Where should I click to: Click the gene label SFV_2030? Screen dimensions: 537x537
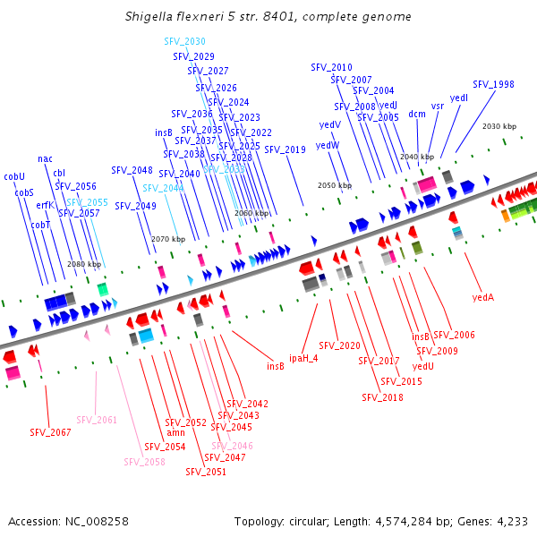[184, 41]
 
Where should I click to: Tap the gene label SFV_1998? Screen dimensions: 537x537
[493, 84]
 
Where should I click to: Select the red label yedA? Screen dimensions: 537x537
[482, 297]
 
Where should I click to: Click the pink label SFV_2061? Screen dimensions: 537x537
[97, 420]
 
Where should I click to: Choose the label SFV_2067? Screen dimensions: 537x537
[50, 432]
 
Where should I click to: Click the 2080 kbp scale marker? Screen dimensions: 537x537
[84, 264]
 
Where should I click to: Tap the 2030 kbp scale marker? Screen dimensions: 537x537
[499, 126]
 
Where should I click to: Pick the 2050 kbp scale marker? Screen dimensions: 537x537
[335, 185]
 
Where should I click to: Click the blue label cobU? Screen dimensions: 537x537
[14, 176]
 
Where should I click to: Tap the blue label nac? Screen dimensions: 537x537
[45, 158]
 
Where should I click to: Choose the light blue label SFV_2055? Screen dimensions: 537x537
[87, 202]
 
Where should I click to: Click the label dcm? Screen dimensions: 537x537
[417, 114]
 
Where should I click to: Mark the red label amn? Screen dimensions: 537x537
[176, 433]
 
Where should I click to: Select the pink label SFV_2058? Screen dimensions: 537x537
[144, 462]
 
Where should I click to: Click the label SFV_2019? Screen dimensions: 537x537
[285, 149]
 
